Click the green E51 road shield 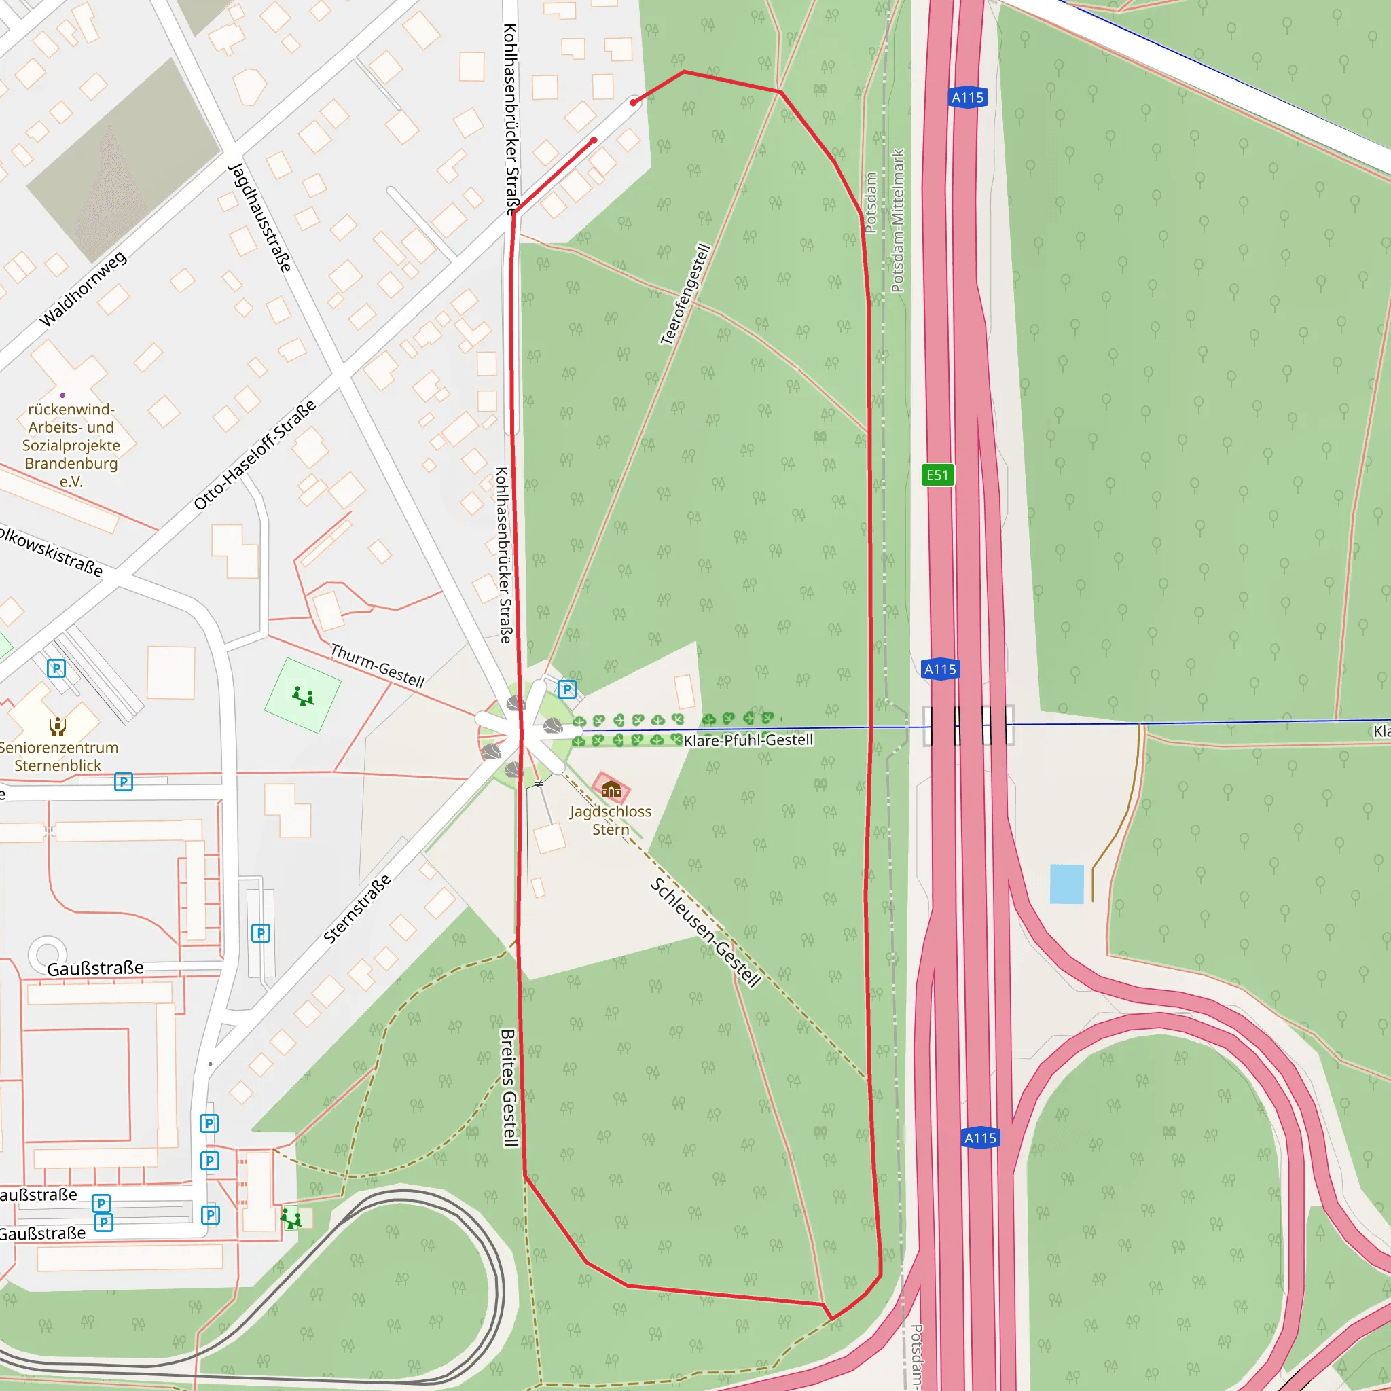click(937, 475)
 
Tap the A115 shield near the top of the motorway click(968, 97)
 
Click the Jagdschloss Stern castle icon click(611, 789)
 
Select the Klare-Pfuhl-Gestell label click(748, 740)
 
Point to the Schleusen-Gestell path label click(705, 933)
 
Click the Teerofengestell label click(685, 293)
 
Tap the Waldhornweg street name click(83, 288)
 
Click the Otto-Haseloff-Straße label click(255, 454)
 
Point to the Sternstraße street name click(357, 909)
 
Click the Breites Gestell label click(509, 1087)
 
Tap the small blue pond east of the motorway click(1066, 884)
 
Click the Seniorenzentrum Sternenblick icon click(58, 726)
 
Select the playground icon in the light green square click(302, 696)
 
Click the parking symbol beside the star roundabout click(566, 689)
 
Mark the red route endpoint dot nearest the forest click(633, 103)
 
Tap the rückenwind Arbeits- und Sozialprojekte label click(71, 445)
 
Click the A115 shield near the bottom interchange click(980, 1138)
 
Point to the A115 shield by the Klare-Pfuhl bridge click(939, 669)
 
